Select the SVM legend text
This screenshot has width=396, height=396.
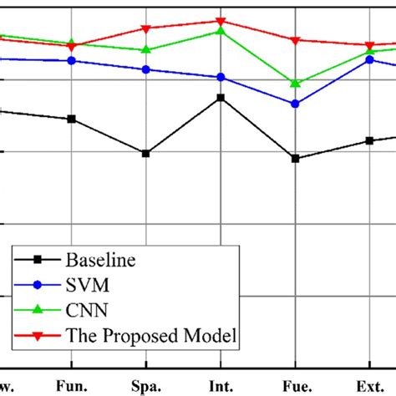point(86,286)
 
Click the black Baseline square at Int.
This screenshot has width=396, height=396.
point(221,98)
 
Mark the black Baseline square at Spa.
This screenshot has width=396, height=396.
point(146,154)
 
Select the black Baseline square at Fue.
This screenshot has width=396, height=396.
point(295,158)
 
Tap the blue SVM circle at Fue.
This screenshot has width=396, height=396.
point(295,104)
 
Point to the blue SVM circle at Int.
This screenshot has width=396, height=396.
point(221,77)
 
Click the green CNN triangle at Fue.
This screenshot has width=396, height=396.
point(295,83)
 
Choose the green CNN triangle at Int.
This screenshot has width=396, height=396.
point(221,31)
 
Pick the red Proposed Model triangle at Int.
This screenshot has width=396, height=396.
point(221,21)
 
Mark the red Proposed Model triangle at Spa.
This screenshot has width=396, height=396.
point(146,29)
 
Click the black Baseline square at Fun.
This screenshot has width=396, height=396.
point(72,119)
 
